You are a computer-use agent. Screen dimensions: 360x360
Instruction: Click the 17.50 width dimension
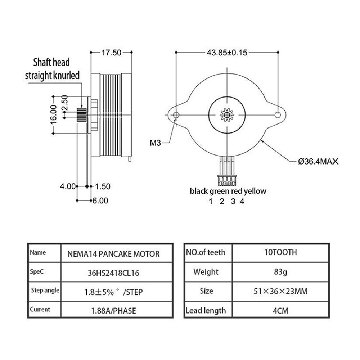(x=111, y=53)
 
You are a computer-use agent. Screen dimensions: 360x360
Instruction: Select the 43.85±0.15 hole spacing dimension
(x=227, y=53)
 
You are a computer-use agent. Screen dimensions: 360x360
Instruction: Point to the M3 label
(x=156, y=143)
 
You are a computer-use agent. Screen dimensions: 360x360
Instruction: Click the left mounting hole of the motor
(x=176, y=114)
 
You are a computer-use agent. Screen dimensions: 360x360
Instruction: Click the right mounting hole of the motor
(x=278, y=114)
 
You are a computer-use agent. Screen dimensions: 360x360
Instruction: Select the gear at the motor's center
(x=227, y=115)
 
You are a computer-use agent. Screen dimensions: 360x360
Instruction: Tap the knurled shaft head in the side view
(x=82, y=114)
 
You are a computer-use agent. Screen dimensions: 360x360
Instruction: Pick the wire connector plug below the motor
(x=227, y=180)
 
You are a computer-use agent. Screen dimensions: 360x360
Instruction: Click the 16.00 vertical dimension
(x=53, y=114)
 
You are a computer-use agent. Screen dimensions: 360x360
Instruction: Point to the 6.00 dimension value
(x=100, y=201)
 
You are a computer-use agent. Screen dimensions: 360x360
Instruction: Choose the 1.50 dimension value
(x=103, y=186)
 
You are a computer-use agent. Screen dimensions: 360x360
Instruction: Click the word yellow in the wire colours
(x=255, y=191)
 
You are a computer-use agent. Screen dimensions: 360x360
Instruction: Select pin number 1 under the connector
(x=211, y=202)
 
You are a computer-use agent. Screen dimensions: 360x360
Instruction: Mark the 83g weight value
(x=280, y=272)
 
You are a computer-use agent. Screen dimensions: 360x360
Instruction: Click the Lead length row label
(x=206, y=310)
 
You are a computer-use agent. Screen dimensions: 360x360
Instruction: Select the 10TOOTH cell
(x=280, y=253)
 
